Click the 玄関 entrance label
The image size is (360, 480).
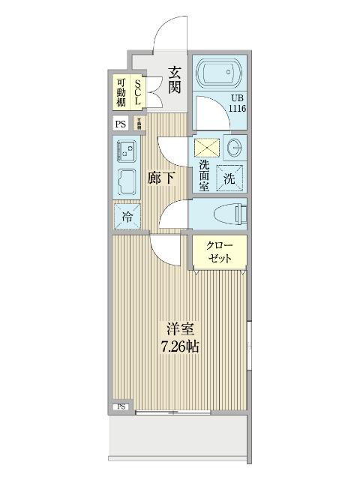174,79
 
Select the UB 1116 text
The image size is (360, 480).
237,103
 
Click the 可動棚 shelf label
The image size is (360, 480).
121,91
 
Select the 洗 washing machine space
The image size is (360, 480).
229,178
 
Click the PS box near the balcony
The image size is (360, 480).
120,407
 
